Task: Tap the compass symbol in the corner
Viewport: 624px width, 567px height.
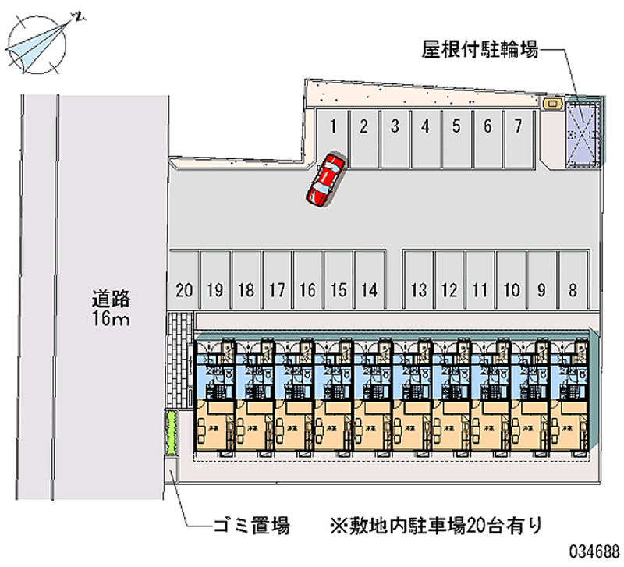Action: [x=40, y=44]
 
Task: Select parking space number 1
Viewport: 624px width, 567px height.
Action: [x=332, y=136]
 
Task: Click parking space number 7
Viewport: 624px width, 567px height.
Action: [x=517, y=136]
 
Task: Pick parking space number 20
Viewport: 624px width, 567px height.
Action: [x=184, y=281]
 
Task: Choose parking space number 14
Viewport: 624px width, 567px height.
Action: [x=370, y=281]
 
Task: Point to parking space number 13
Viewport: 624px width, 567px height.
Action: [x=419, y=281]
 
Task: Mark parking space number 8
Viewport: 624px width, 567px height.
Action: [x=573, y=281]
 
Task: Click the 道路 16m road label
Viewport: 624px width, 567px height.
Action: [x=110, y=307]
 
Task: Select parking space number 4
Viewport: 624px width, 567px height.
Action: [x=424, y=136]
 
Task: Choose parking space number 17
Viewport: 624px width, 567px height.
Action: [x=276, y=281]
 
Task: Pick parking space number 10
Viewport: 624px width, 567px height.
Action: [x=511, y=281]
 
